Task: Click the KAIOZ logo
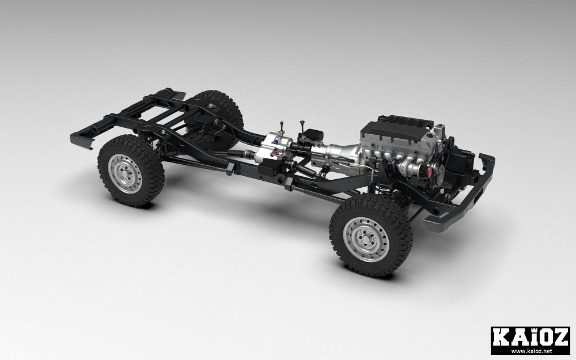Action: coord(530,340)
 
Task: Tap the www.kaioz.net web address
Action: coord(531,351)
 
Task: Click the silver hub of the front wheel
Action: coord(366,239)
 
